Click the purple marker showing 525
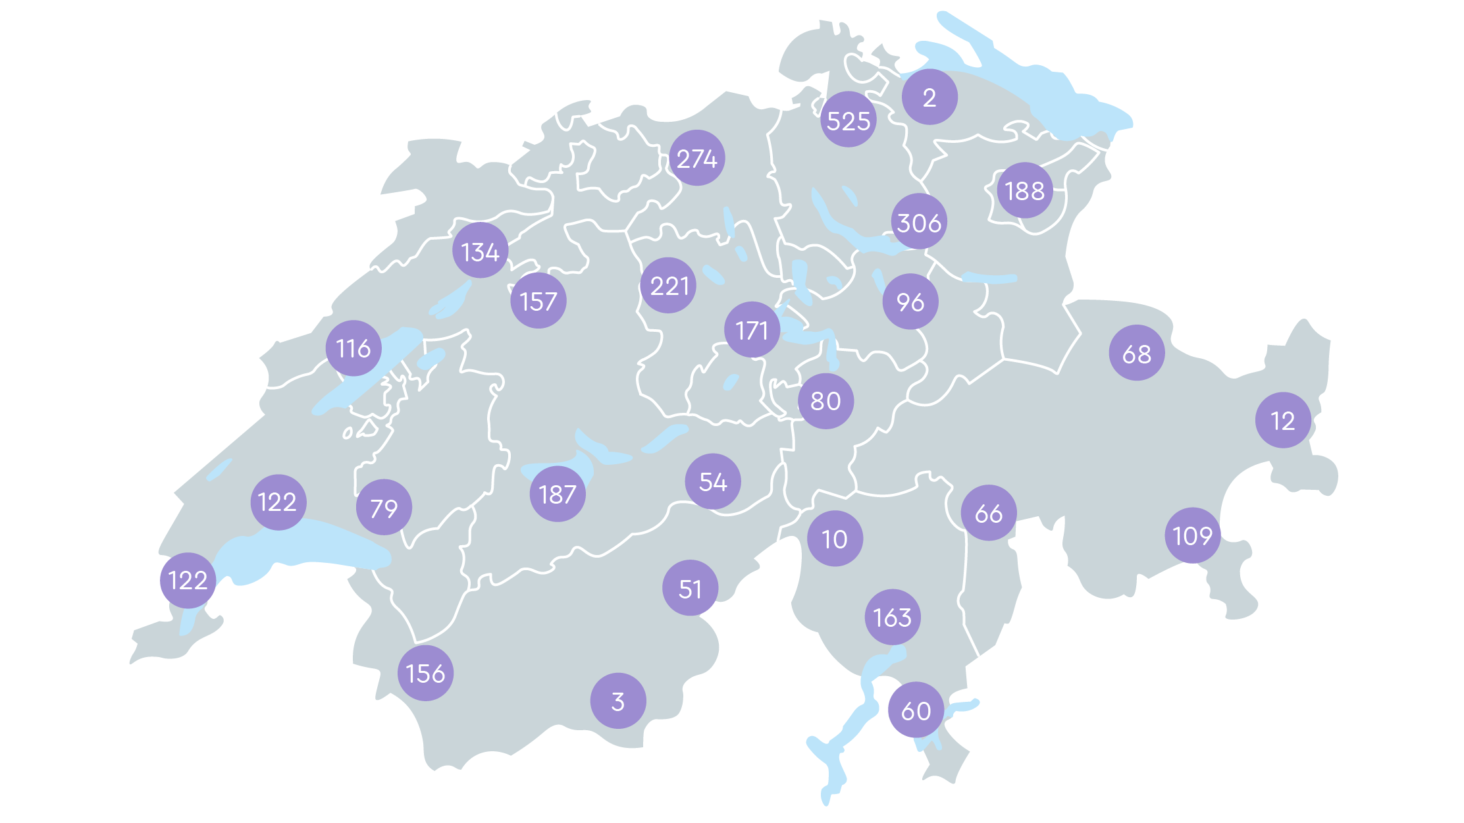[849, 120]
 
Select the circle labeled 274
[697, 158]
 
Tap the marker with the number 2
[929, 97]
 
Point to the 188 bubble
[1025, 190]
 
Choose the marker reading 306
[920, 222]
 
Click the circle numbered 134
[481, 251]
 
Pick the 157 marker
[538, 301]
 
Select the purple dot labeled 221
[669, 285]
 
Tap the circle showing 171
[752, 330]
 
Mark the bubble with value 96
[910, 302]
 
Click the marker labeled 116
[353, 348]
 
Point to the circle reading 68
[1137, 353]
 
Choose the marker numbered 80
[826, 400]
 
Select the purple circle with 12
[1283, 420]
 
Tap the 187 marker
[558, 494]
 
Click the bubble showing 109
[1193, 535]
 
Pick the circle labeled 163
[893, 617]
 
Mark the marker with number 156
[426, 673]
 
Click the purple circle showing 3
[618, 701]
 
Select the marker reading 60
[916, 710]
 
